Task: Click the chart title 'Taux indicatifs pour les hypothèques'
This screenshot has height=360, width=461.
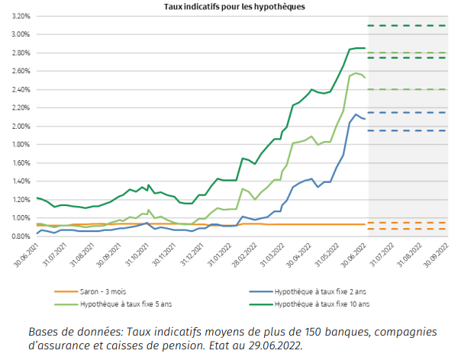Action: coord(234,7)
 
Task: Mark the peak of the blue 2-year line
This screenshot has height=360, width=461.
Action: coord(356,114)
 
